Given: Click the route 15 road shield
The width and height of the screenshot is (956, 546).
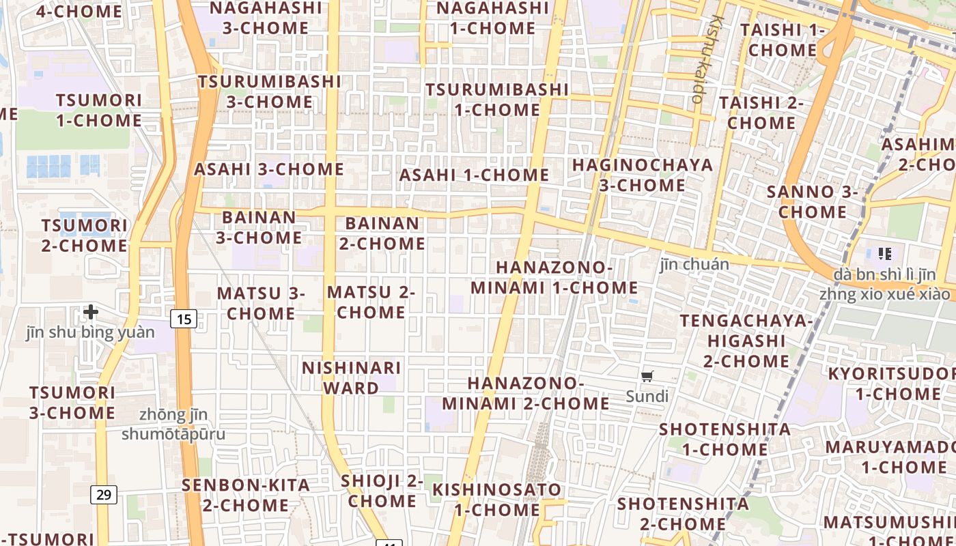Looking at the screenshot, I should click(x=184, y=319).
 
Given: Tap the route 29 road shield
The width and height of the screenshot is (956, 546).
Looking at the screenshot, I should click(x=104, y=494).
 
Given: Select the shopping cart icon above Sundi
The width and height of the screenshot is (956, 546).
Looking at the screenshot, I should click(x=647, y=376).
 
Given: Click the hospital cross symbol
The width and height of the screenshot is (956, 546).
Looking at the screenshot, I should click(x=91, y=313).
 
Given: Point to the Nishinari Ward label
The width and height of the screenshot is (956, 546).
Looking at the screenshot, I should click(x=352, y=377).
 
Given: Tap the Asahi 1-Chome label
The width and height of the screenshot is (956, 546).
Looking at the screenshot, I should click(x=474, y=175).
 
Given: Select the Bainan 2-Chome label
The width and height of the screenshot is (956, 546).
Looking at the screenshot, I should click(x=382, y=233).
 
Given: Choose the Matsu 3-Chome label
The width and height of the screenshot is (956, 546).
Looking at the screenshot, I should click(x=261, y=303).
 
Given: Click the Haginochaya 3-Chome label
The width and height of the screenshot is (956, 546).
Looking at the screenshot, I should click(x=642, y=175).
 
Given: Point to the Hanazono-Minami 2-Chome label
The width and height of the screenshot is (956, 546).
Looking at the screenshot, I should click(x=526, y=393).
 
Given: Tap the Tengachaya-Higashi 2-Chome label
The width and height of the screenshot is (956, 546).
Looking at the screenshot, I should click(x=746, y=340).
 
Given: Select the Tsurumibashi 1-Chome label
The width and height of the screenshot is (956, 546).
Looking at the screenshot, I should click(x=497, y=100).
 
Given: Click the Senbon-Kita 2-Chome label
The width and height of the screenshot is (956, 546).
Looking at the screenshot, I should click(x=246, y=495).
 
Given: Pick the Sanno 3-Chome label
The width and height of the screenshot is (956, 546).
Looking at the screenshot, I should click(x=812, y=201).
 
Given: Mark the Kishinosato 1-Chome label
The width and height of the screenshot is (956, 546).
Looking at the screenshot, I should click(x=496, y=500).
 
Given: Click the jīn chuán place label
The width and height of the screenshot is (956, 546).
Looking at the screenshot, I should click(x=694, y=264).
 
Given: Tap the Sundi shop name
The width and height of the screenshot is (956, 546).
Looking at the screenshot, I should click(x=647, y=396).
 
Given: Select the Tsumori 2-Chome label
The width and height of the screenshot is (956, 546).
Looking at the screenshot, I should click(x=85, y=235).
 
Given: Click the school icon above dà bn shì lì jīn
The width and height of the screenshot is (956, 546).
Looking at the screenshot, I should click(x=885, y=255).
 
